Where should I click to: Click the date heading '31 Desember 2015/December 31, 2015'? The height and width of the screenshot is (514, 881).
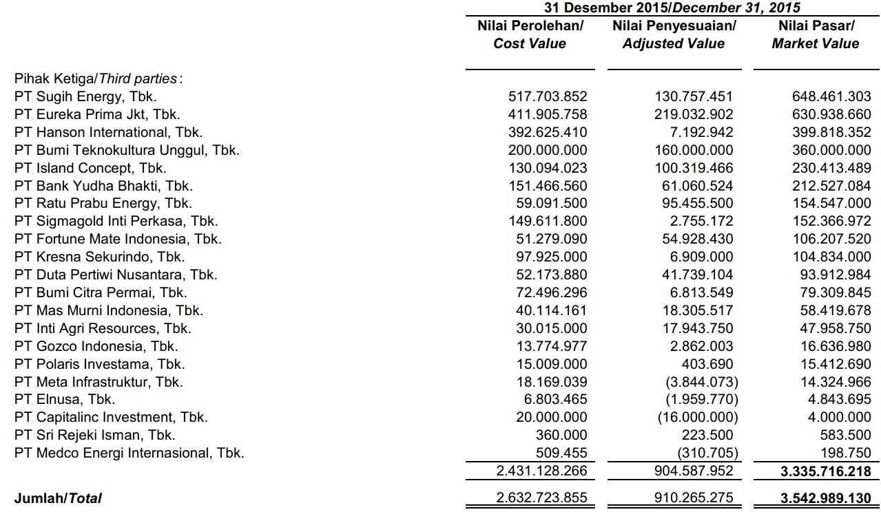pyautogui.click(x=672, y=8)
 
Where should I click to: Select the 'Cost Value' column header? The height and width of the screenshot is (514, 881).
pyautogui.click(x=529, y=44)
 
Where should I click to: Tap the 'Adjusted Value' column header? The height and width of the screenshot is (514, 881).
pyautogui.click(x=673, y=44)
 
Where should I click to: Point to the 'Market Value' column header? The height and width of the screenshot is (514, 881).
pyautogui.click(x=815, y=44)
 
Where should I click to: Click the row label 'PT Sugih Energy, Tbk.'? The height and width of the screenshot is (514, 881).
pyautogui.click(x=85, y=97)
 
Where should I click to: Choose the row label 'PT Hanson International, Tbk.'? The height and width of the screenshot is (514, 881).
pyautogui.click(x=108, y=132)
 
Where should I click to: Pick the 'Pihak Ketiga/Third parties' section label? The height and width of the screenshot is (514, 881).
pyautogui.click(x=99, y=79)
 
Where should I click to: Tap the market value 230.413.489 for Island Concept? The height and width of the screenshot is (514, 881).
pyautogui.click(x=831, y=168)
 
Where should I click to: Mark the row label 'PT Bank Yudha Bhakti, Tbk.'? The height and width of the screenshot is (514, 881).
pyautogui.click(x=103, y=186)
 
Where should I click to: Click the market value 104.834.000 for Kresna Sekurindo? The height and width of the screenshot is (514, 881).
pyautogui.click(x=831, y=257)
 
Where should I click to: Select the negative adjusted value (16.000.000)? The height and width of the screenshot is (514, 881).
pyautogui.click(x=698, y=418)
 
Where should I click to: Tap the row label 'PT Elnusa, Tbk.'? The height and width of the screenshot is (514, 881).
pyautogui.click(x=65, y=399)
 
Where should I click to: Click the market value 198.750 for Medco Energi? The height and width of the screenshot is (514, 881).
pyautogui.click(x=848, y=453)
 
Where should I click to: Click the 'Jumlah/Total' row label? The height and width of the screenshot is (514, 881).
pyautogui.click(x=58, y=498)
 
